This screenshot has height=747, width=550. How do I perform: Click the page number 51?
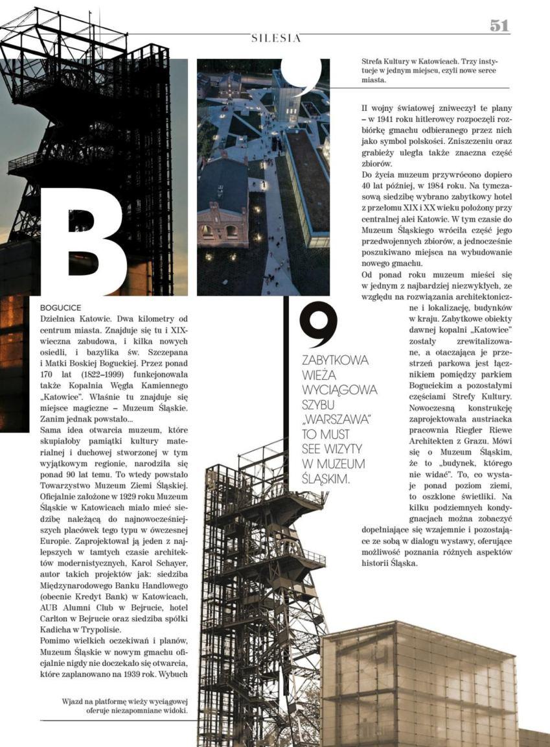click(x=499, y=25)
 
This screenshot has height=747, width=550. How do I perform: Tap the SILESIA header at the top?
click(x=276, y=39)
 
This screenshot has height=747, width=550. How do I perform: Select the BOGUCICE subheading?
click(x=60, y=308)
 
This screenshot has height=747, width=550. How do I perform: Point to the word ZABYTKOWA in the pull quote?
click(x=335, y=361)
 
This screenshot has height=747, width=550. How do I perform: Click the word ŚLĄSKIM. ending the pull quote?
click(x=325, y=479)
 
